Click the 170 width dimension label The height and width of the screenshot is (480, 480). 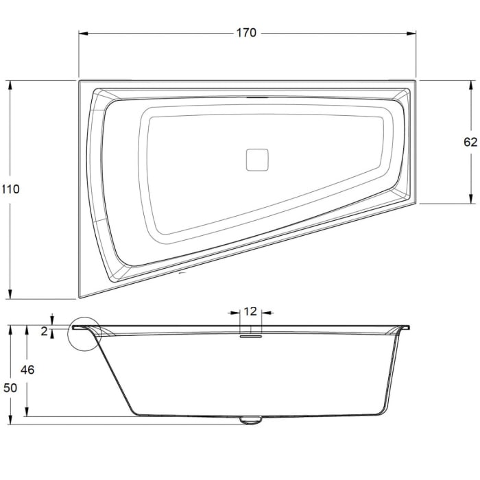tap(247, 33)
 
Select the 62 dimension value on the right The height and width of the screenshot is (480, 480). tap(470, 142)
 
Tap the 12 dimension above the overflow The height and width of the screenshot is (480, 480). tap(250, 311)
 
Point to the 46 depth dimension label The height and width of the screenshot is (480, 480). tap(27, 370)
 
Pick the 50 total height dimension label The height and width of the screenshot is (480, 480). tap(10, 387)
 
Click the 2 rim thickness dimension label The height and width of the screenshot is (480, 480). tap(45, 331)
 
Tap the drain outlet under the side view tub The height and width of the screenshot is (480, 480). tap(251, 420)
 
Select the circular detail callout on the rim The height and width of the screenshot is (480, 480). tap(85, 333)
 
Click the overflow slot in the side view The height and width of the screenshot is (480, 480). tap(250, 335)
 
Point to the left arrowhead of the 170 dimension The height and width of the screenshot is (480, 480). tap(82, 33)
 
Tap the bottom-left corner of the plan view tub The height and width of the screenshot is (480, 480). tap(80, 297)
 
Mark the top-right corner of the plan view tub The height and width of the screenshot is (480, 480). tap(416, 81)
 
